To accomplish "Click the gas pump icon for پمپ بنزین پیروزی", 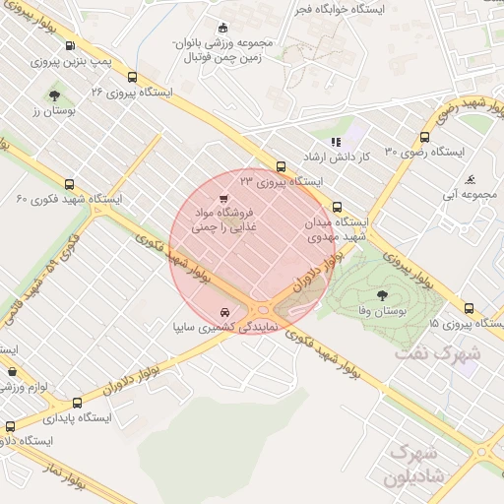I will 68,46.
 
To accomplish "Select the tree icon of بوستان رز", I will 54,95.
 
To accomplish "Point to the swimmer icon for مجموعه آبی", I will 472,180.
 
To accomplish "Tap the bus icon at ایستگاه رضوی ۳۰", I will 424,138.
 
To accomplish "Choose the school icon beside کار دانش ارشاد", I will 335,142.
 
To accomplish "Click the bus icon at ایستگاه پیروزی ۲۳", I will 282,166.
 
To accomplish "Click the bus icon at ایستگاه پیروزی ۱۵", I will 469,308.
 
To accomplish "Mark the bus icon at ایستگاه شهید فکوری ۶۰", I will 68,184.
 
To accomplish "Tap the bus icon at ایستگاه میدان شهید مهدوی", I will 338,208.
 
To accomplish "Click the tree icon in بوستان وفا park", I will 382,293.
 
